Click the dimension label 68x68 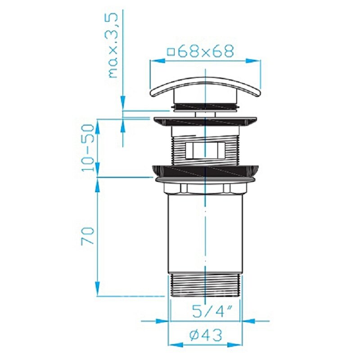(x=206, y=51)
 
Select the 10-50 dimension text (x=88, y=148)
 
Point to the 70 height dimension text (x=88, y=235)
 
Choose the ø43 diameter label (x=206, y=335)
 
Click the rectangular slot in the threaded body (x=206, y=150)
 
